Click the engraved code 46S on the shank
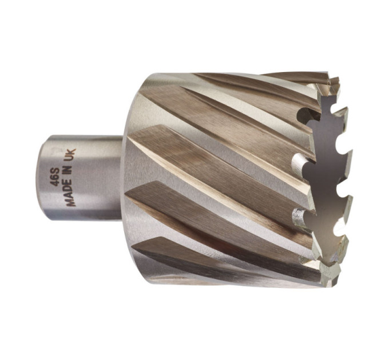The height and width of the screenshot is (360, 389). [55, 177]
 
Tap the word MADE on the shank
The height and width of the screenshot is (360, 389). [70, 194]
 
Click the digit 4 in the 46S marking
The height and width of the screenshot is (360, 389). [55, 183]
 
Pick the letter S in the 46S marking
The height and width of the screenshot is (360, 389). [55, 171]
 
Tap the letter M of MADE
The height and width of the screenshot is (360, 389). [71, 203]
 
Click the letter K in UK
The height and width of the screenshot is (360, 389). [71, 152]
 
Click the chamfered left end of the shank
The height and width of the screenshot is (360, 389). [41, 178]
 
